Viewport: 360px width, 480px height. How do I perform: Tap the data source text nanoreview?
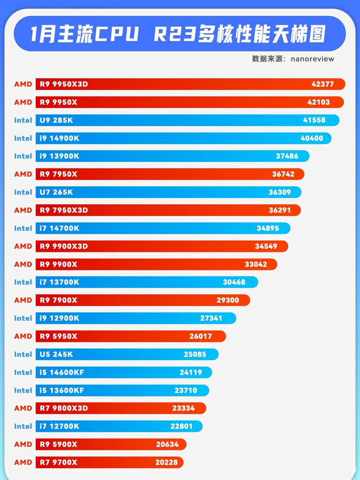pyautogui.click(x=293, y=58)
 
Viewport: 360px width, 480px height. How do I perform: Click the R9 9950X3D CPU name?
pyautogui.click(x=64, y=84)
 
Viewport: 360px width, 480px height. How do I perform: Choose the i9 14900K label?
pyautogui.click(x=59, y=138)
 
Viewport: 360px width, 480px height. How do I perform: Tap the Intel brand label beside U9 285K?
pyautogui.click(x=23, y=120)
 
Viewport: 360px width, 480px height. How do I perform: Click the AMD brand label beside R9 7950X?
pyautogui.click(x=23, y=174)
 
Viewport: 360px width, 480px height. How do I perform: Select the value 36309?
pyautogui.click(x=280, y=192)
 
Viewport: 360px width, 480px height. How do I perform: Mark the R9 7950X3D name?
pyautogui.click(x=64, y=210)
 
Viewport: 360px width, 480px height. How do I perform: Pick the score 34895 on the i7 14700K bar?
pyautogui.click(x=268, y=228)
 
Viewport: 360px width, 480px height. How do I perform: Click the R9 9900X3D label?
pyautogui.click(x=64, y=246)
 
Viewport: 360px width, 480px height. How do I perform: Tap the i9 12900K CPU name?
pyautogui.click(x=59, y=318)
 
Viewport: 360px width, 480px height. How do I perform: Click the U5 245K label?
pyautogui.click(x=56, y=354)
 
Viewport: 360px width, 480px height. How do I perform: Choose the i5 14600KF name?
pyautogui.click(x=61, y=372)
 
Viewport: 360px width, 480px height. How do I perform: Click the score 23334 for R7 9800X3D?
pyautogui.click(x=183, y=408)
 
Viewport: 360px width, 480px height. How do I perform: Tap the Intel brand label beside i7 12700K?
pyautogui.click(x=23, y=426)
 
